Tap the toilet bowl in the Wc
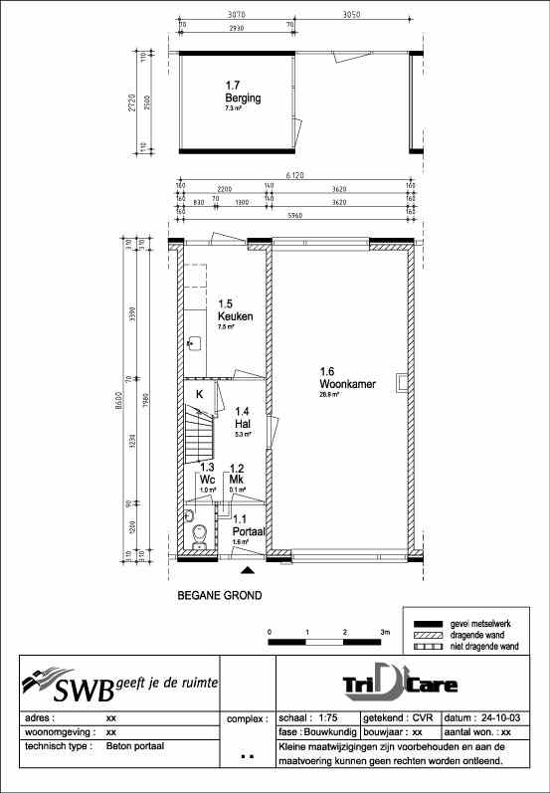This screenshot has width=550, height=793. [200, 537]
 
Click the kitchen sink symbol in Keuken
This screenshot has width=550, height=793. [194, 343]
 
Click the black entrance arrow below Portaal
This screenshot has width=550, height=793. [248, 570]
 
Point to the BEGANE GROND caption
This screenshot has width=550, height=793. [219, 597]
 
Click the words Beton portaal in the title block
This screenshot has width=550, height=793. [134, 745]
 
